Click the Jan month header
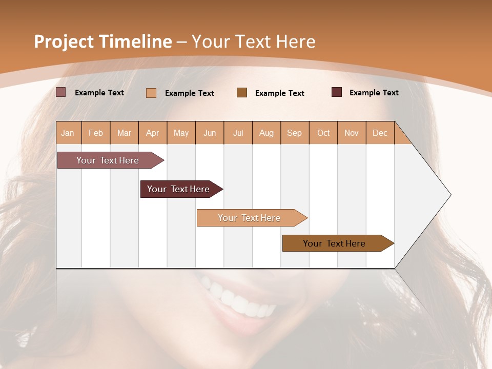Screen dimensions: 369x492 coord(68,133)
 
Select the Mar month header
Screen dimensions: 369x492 coord(124,133)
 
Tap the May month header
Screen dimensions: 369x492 coord(181,133)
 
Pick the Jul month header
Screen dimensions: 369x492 coord(238,133)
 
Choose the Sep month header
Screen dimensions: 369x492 coord(294,133)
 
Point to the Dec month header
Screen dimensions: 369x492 coord(380,133)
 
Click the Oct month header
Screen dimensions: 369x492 coord(323,133)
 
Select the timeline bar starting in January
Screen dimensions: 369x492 coord(108,160)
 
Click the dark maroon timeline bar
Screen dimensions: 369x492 coord(178,189)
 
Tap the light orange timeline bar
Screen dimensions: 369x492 coord(249,218)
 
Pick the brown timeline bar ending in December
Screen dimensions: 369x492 coord(334,243)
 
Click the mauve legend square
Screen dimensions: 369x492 coord(60,92)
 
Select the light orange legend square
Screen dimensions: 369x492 coord(151,93)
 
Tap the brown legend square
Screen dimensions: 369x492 coord(242,92)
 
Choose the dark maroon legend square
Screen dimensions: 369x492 coord(337,92)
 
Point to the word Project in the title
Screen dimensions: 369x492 coord(64,41)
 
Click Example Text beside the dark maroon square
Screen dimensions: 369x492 coord(374,92)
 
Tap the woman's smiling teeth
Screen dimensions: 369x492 coord(241,300)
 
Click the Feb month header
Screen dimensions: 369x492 coord(96,133)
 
